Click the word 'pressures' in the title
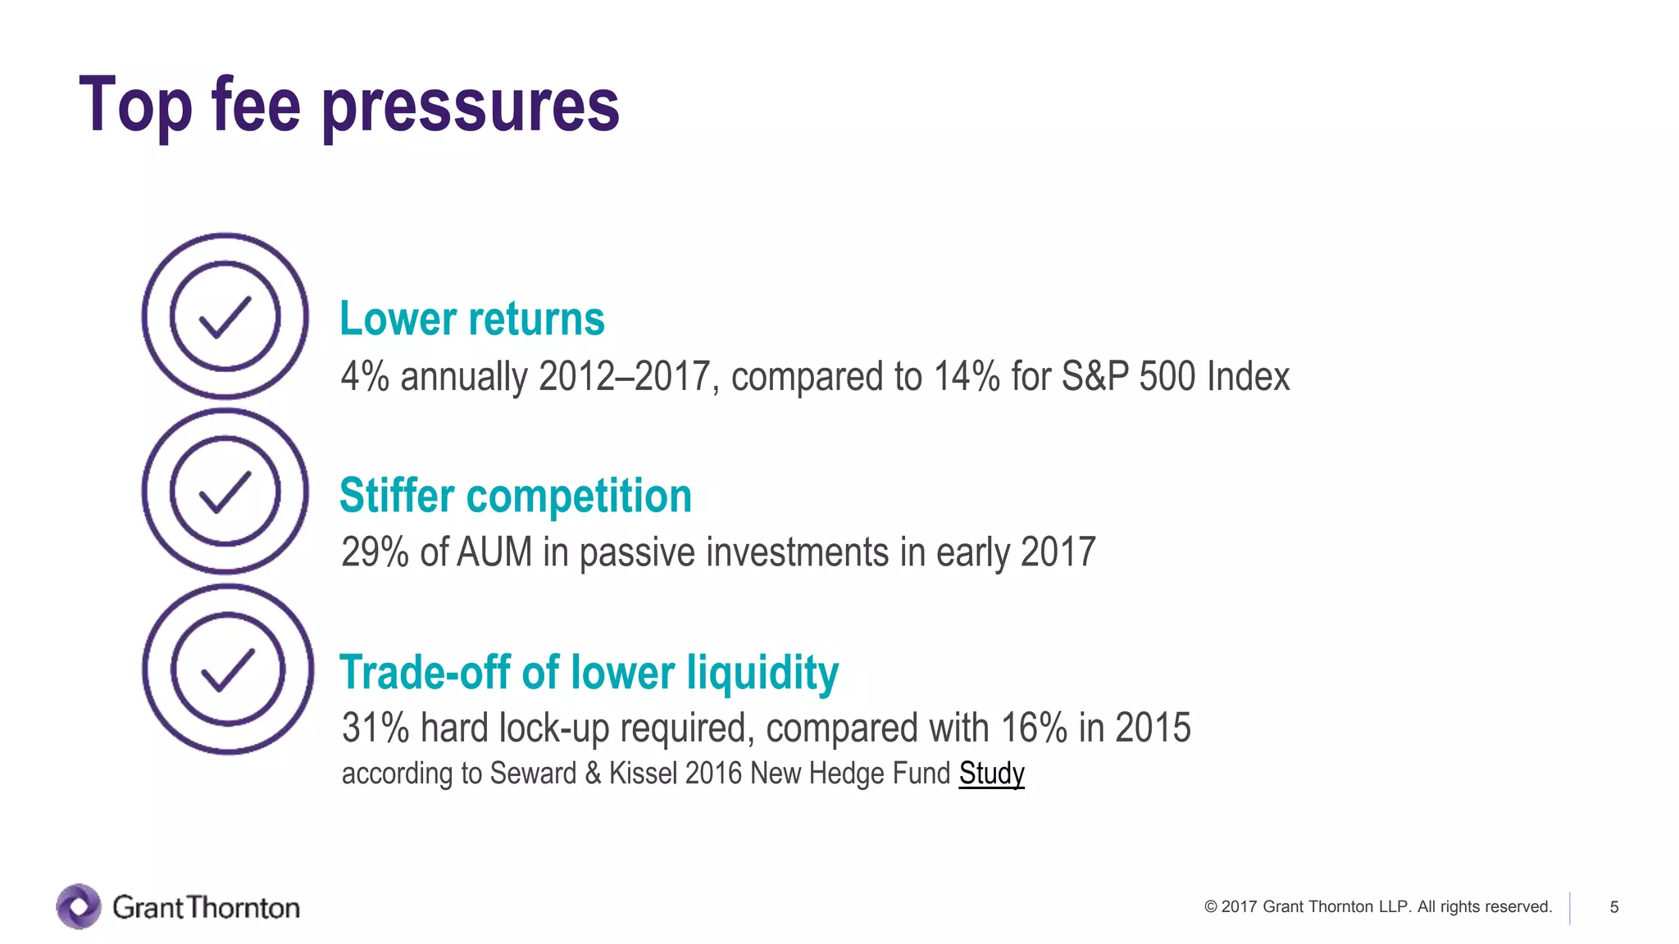471,107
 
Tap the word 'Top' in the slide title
136,105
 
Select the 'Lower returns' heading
472,319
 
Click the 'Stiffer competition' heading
516,496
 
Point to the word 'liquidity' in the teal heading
762,673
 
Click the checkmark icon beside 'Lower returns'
225,316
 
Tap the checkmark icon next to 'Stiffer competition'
225,492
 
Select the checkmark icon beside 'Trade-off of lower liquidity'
228,669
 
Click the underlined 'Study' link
991,774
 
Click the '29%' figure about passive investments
375,552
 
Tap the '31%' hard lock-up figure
375,728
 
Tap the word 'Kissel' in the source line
643,774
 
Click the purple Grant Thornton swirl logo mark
79,906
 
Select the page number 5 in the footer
1614,907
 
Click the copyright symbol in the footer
1210,907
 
